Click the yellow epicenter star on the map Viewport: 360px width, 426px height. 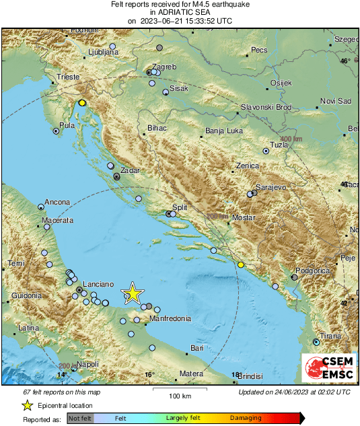(133, 293)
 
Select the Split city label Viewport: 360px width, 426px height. (179, 208)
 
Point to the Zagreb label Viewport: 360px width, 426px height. (165, 66)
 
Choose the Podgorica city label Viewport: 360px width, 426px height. (315, 270)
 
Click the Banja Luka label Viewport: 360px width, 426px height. (223, 131)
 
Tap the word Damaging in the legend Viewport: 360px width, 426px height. (246, 418)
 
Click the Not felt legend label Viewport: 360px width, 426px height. (80, 418)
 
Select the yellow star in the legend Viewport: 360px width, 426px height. (27, 405)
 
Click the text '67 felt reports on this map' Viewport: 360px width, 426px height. (61, 392)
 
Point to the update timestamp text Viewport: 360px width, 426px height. (294, 392)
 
